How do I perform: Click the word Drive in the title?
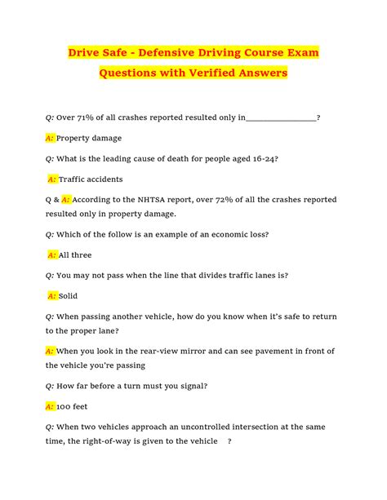pyautogui.click(x=89, y=53)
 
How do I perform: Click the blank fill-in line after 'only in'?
pyautogui.click(x=281, y=119)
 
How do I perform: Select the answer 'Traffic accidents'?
pyautogui.click(x=91, y=179)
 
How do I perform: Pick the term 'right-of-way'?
pyautogui.click(x=105, y=441)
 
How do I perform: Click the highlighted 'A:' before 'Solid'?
pyautogui.click(x=52, y=295)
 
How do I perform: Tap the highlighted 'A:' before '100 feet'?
pyautogui.click(x=50, y=405)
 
